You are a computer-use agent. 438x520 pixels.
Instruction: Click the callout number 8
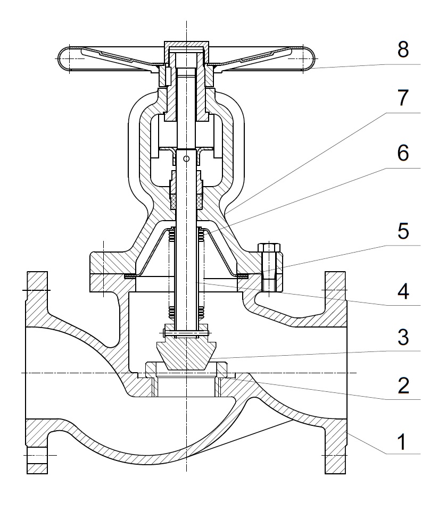coord(402,51)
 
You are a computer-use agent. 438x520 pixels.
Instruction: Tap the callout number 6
coord(403,154)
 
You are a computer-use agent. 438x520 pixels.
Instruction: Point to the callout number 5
coord(403,232)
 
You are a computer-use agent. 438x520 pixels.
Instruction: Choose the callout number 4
coord(403,291)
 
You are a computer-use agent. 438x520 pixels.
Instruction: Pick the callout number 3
coord(403,338)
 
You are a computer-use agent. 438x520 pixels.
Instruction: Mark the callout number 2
coord(403,385)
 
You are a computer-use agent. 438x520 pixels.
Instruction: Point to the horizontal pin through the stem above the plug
coord(186,334)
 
